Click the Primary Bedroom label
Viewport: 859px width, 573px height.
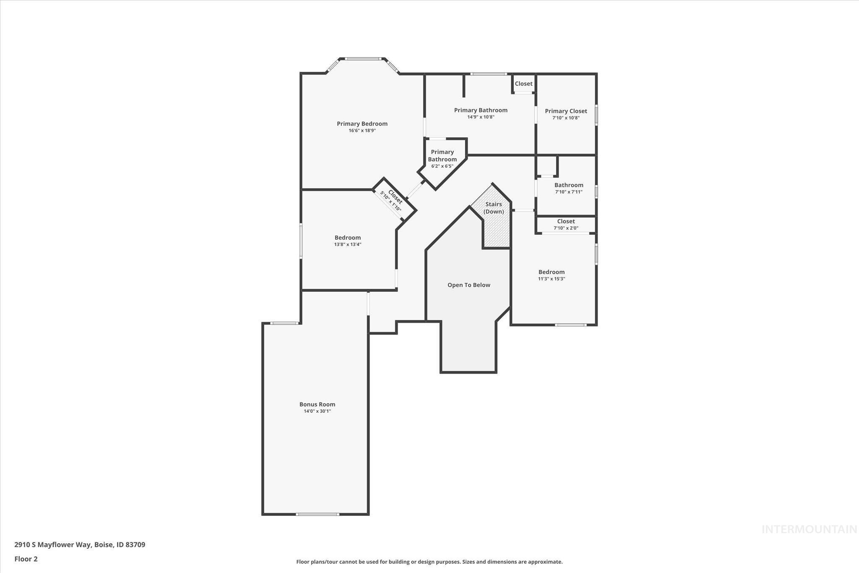point(362,123)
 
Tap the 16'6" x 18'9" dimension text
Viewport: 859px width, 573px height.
point(362,131)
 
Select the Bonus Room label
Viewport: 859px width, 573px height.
point(317,404)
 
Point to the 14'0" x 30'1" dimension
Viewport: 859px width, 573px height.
point(317,411)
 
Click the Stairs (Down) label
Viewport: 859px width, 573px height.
point(494,208)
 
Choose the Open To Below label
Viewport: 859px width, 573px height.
point(469,285)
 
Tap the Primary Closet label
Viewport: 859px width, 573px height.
point(566,111)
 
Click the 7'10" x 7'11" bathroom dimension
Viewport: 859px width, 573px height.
point(569,192)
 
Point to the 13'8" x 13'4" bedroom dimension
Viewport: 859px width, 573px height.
point(347,244)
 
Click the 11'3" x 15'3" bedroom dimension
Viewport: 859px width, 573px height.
point(552,279)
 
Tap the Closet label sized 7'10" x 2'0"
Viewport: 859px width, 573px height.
point(566,221)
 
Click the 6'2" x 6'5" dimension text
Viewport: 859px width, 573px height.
point(442,166)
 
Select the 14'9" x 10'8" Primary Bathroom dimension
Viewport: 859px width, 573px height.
point(481,117)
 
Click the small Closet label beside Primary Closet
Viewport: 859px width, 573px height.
point(523,84)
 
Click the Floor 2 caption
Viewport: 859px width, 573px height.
point(26,559)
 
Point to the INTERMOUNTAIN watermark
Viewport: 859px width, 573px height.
point(809,529)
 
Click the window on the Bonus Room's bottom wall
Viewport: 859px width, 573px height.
point(317,514)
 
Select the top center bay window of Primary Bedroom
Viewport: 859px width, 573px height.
point(362,59)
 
